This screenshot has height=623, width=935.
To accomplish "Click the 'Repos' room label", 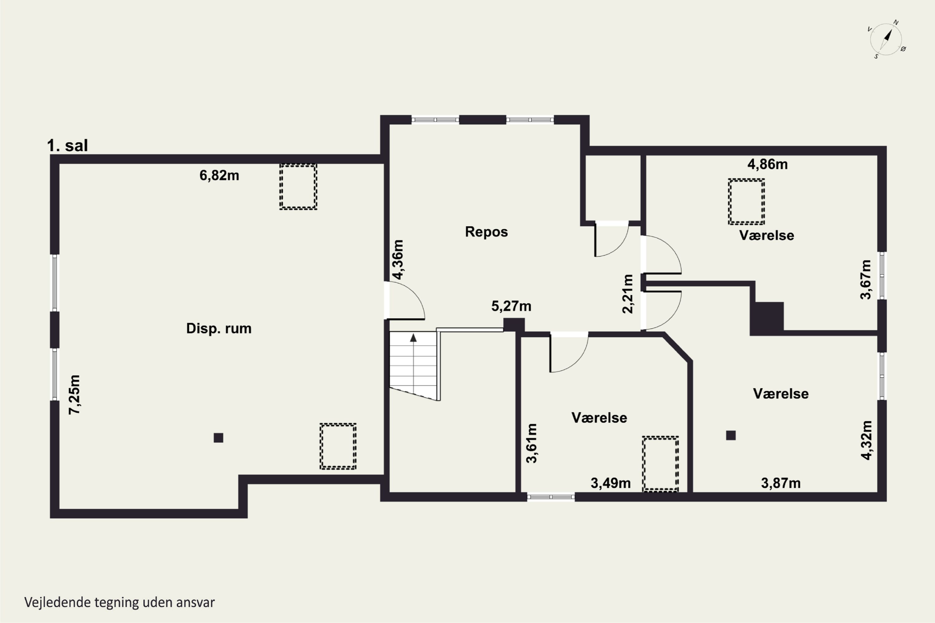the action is click(486, 232).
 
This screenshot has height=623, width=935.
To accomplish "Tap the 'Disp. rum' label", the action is click(219, 328).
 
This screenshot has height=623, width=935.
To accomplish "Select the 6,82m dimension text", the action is click(219, 175).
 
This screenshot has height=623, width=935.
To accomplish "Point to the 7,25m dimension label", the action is click(74, 395).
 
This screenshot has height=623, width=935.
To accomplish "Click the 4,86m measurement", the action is click(767, 164).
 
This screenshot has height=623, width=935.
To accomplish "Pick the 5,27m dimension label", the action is click(511, 306).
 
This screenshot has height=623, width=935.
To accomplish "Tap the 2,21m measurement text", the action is click(628, 294).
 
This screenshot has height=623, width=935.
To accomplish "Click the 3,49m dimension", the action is click(611, 483).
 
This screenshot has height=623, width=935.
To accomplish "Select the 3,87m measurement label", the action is click(781, 483).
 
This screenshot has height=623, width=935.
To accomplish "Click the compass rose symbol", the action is click(886, 39).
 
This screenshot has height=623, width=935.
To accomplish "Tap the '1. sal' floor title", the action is click(67, 145).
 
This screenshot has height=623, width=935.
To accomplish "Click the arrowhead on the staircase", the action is click(414, 338).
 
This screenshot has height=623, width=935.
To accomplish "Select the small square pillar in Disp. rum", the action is click(218, 437).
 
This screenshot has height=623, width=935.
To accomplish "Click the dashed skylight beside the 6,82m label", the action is click(298, 187).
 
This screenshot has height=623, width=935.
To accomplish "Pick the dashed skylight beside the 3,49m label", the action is click(660, 464).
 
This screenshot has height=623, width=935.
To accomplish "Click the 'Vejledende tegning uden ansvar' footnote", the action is click(120, 602).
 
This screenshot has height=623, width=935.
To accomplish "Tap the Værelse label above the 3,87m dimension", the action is click(781, 393).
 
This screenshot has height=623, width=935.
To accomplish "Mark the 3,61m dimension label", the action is click(531, 443).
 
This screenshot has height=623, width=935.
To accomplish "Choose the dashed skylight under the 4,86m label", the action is click(746, 202).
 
